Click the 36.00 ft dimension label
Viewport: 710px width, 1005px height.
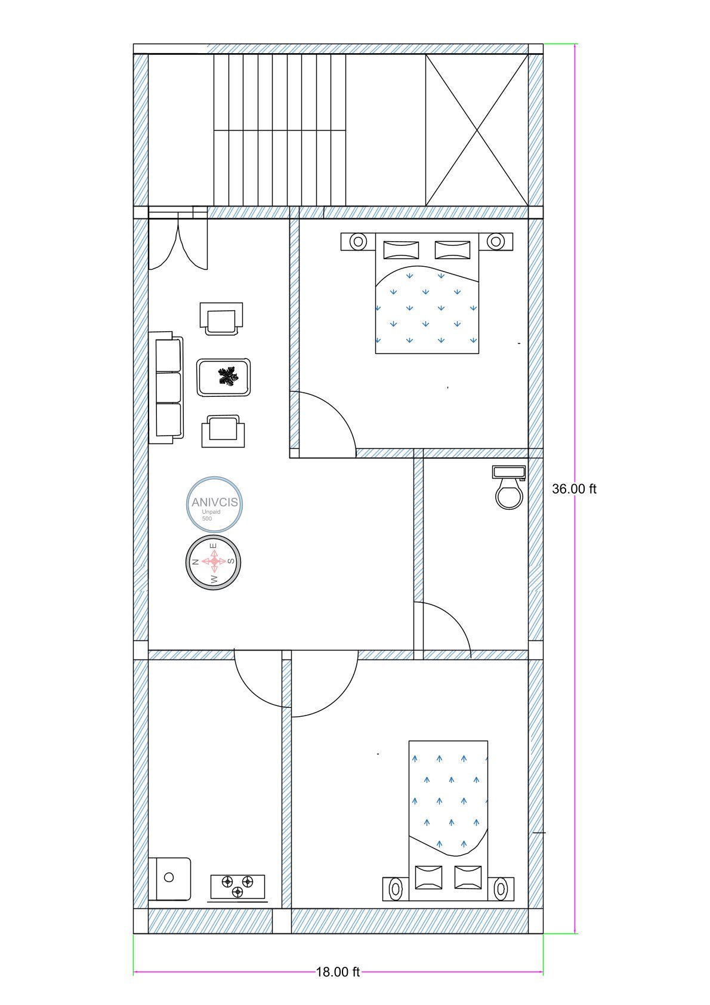(x=573, y=489)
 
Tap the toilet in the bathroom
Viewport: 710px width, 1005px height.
(x=509, y=487)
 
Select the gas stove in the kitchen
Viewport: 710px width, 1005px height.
(x=237, y=887)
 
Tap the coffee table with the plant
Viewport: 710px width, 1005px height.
(x=223, y=377)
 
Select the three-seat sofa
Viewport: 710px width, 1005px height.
(x=166, y=388)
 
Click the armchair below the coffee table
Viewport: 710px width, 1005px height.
(x=223, y=431)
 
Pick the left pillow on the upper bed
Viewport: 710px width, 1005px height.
(x=401, y=250)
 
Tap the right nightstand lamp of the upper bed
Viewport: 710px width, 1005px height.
(x=496, y=241)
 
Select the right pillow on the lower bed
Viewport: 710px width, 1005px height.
(x=468, y=877)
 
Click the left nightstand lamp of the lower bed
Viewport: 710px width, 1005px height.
(x=395, y=889)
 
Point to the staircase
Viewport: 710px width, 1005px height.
(x=279, y=130)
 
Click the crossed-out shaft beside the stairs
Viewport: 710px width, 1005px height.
(x=477, y=130)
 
